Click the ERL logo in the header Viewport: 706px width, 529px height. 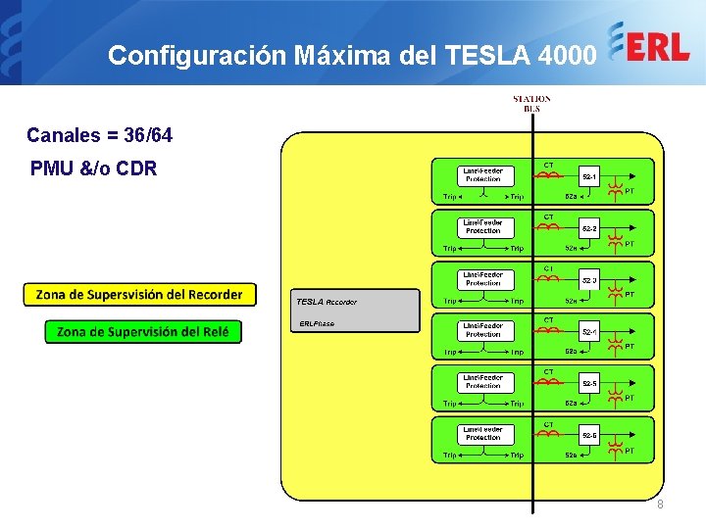(649, 45)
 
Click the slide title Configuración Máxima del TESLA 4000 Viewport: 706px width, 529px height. (351, 55)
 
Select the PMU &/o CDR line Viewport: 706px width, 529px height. (93, 168)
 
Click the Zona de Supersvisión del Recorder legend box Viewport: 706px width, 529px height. (139, 295)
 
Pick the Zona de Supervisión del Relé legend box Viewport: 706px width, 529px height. (143, 332)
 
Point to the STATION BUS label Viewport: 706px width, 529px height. (531, 103)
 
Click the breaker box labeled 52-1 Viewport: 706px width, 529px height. (590, 177)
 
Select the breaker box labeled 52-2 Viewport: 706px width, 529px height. (590, 229)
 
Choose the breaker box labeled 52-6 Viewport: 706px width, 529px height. (590, 435)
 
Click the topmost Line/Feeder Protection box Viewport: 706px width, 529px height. (483, 175)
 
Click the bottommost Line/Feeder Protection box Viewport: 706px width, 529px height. (483, 433)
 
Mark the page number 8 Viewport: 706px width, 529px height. (660, 504)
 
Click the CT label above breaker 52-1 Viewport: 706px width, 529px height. (549, 164)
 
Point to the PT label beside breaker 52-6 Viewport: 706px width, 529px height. (630, 451)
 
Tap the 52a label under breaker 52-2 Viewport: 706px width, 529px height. (571, 248)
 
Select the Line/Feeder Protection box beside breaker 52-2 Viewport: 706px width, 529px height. (483, 226)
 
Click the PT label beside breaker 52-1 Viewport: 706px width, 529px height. (630, 191)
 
